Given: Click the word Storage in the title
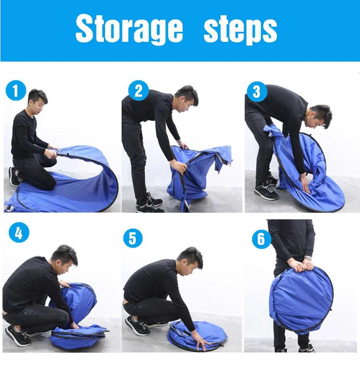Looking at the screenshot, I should click(129, 29).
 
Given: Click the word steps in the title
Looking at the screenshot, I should click(240, 29).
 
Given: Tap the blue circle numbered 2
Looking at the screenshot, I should click(138, 91).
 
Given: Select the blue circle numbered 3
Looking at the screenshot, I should click(257, 92).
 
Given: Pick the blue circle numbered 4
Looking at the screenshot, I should click(19, 232).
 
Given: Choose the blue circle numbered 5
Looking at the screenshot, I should click(132, 238).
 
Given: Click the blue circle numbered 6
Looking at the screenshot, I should click(261, 239).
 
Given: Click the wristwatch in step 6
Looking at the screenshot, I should click(308, 258).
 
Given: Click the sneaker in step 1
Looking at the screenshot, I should click(14, 176).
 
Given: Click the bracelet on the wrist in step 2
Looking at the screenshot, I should click(180, 143).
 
